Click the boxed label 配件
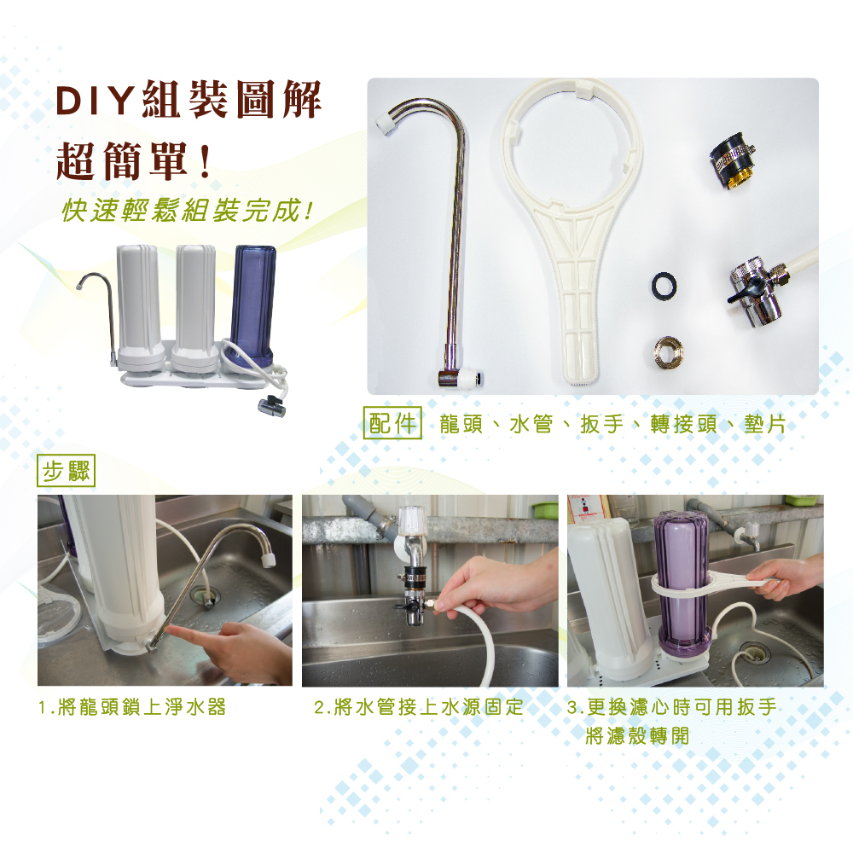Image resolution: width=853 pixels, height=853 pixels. pos(392,423)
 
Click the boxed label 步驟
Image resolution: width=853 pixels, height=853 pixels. pos(67,471)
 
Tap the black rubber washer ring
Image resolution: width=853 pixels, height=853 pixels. pos(664,285)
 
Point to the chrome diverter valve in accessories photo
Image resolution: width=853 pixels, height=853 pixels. pos(755,292)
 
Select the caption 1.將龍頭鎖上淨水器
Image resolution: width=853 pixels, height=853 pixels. pos(132,707)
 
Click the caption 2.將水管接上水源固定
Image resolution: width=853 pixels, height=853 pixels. pos(418,707)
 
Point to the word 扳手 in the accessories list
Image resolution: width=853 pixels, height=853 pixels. pos(601,424)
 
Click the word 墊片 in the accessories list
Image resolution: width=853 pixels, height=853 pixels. pos(764,424)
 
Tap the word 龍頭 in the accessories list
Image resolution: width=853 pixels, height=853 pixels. pos(461,424)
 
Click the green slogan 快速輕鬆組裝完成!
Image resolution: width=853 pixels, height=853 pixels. pos(188,211)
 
